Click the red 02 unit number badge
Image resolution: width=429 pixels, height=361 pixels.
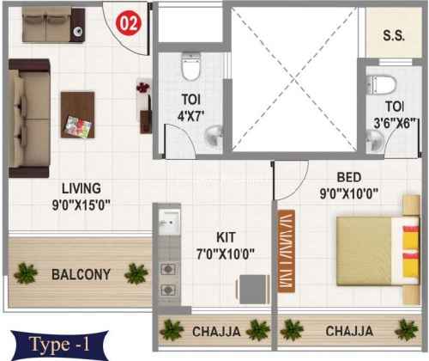point(129,23)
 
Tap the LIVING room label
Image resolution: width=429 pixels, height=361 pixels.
point(82,188)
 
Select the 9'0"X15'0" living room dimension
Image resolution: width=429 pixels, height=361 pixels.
point(82,205)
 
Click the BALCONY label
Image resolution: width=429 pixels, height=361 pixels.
point(81,274)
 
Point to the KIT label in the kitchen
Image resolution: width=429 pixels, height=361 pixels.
point(226,237)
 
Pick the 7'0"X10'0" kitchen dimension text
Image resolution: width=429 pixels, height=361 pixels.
point(226,254)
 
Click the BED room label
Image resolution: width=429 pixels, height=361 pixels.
point(349,177)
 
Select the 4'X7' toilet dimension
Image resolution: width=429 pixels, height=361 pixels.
point(190,116)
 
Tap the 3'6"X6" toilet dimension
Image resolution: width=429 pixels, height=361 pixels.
point(395,124)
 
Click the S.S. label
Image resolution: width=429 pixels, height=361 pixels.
point(394,35)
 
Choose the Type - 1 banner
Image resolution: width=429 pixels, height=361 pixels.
point(59,345)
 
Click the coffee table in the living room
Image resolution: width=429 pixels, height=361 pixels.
point(78,115)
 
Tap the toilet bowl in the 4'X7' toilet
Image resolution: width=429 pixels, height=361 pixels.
point(191,66)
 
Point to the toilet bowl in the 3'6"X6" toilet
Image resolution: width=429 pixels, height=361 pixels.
point(382,85)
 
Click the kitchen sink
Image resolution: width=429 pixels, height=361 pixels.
point(170,222)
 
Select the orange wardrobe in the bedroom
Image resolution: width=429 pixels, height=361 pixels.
point(287,251)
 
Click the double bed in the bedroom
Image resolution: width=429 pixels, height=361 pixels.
point(378,251)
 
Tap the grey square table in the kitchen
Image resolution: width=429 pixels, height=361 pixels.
point(252,290)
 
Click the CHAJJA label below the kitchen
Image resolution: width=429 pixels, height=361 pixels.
point(216,332)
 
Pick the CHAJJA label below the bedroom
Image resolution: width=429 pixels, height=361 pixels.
point(349,331)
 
